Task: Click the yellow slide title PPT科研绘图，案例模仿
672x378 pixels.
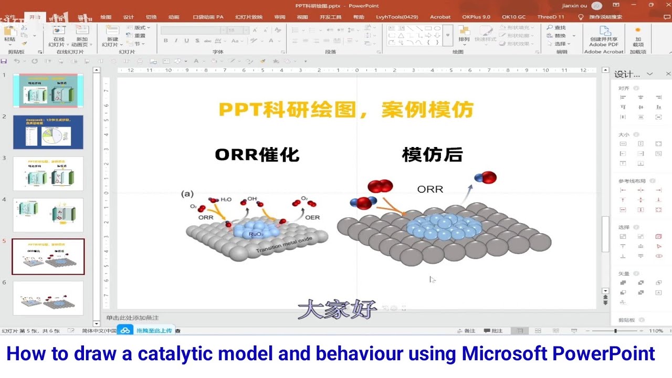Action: point(346,110)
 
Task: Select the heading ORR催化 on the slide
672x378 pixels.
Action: point(257,155)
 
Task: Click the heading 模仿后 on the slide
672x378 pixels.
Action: point(432,155)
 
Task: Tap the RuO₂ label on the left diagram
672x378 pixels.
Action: point(256,235)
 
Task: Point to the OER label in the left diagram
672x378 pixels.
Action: point(312,217)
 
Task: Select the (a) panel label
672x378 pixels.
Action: point(187,194)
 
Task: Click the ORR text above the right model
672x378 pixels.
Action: point(430,190)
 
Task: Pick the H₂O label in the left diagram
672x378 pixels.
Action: point(226,199)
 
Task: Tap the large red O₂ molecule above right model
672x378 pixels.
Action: point(380,186)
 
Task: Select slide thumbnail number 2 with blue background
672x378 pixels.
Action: point(48,132)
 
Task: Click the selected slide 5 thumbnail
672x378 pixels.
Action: point(48,257)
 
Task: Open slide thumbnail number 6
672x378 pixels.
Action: point(48,298)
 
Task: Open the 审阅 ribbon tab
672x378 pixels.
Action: point(280,17)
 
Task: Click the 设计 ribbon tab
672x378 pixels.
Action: point(129,17)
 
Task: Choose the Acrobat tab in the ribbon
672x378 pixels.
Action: point(440,17)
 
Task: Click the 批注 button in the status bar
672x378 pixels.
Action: point(493,331)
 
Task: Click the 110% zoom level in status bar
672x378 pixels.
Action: point(656,331)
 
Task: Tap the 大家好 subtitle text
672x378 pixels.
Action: point(337,309)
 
